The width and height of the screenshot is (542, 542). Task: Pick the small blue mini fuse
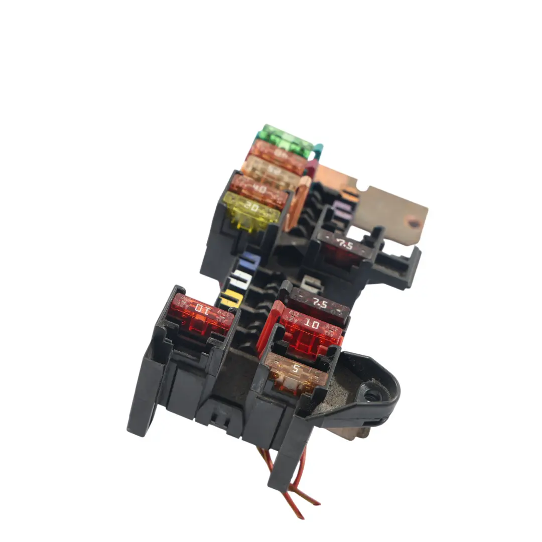coord(250,261)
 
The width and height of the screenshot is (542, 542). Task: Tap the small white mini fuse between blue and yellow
coord(239,279)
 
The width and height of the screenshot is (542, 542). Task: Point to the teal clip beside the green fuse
coord(318,150)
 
